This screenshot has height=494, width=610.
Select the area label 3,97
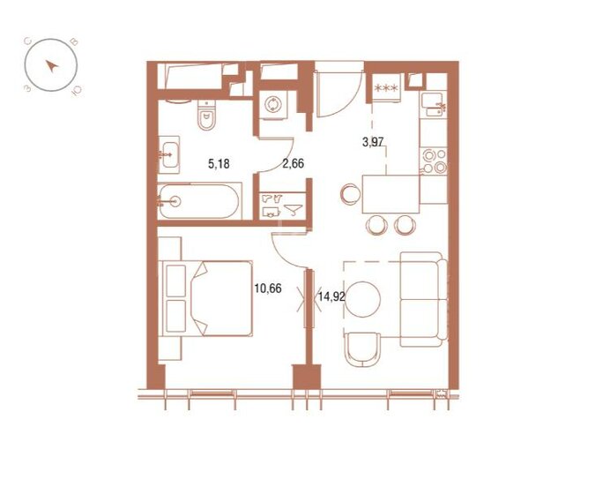click(375, 140)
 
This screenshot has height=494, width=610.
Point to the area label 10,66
click(266, 287)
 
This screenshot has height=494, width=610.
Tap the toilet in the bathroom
click(206, 116)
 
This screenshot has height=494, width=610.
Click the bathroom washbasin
click(170, 154)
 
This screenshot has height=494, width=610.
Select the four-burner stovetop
click(432, 161)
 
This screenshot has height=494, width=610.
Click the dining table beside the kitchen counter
click(390, 193)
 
